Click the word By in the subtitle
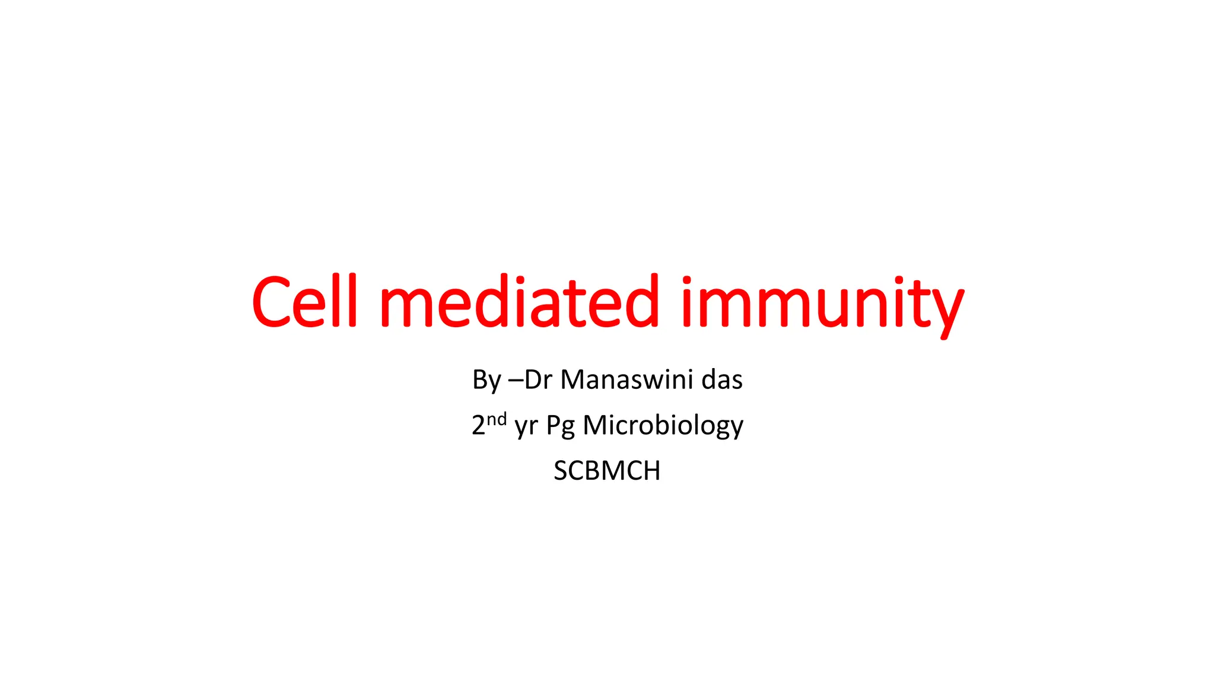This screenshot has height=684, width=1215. (486, 380)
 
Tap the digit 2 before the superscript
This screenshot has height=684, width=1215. (478, 426)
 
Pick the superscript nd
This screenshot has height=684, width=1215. (497, 419)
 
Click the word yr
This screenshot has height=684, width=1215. (526, 427)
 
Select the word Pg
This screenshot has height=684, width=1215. (560, 427)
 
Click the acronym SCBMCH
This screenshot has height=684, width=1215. (607, 471)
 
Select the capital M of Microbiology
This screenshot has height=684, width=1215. (595, 426)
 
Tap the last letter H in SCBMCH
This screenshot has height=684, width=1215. (651, 471)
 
